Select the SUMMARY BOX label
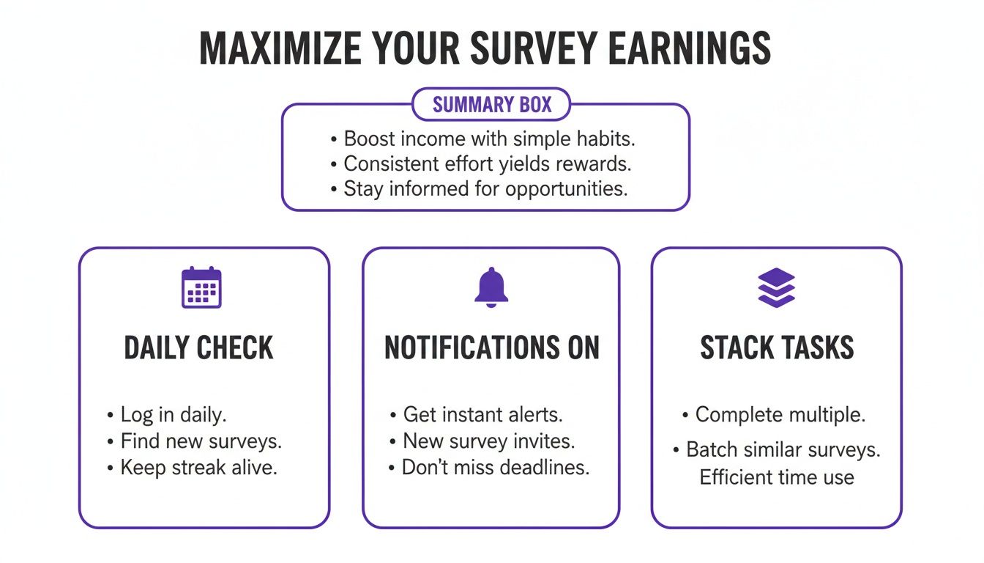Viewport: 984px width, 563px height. (x=492, y=105)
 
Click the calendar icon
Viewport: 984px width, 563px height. (x=201, y=287)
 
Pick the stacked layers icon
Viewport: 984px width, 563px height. (x=776, y=287)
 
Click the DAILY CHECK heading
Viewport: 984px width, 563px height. (x=199, y=348)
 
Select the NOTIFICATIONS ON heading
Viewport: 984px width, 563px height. (x=492, y=348)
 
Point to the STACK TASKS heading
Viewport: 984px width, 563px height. (x=777, y=348)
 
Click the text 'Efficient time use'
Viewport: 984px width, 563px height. (x=777, y=477)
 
